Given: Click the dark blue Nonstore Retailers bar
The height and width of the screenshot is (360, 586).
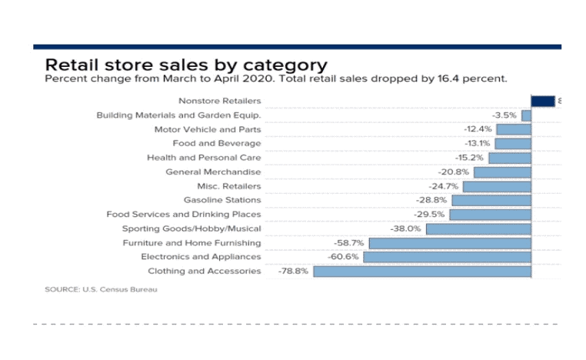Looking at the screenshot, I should tap(542, 101).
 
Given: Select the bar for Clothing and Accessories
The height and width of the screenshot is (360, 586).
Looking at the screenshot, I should tap(422, 271).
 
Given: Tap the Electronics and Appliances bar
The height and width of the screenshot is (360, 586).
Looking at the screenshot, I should tap(447, 257).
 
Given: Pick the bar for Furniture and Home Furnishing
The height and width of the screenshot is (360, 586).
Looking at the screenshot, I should tap(450, 243).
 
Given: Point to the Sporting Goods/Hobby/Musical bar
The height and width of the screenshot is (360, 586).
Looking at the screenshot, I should tap(478, 228).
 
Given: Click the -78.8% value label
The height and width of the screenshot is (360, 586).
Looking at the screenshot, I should tap(292, 271).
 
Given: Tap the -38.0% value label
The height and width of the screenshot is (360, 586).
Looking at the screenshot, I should tap(406, 228).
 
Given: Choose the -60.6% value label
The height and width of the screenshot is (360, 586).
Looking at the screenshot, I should tap(344, 257).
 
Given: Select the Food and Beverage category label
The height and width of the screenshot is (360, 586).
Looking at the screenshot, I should tap(217, 143).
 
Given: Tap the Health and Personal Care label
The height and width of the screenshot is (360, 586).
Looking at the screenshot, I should tap(204, 158).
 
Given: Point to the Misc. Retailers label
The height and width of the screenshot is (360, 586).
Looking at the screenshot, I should tap(229, 186).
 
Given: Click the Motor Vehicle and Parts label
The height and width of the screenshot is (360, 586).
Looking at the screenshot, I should tap(208, 129).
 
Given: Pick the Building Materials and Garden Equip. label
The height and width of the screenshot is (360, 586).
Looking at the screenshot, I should tap(178, 115).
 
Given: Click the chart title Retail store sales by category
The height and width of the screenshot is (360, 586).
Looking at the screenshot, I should tap(186, 65).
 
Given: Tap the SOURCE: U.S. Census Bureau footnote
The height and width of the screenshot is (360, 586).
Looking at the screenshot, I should tap(95, 290).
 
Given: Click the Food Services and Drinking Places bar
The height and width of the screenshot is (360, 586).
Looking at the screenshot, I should tap(490, 215).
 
